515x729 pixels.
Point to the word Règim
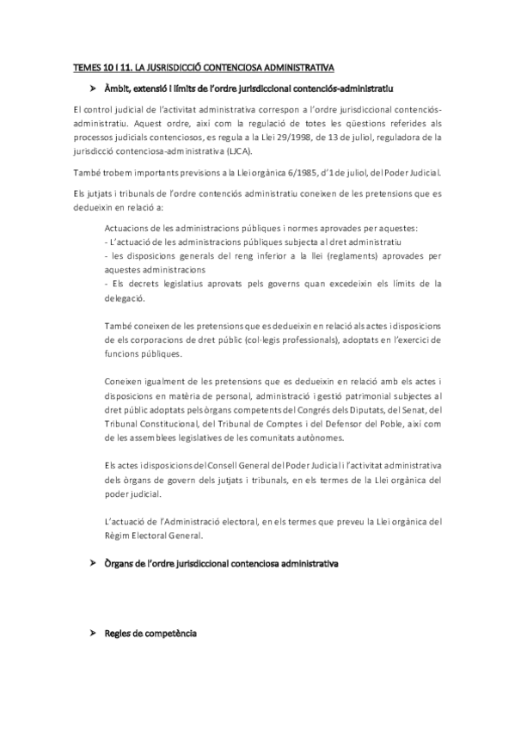point(119,536)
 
